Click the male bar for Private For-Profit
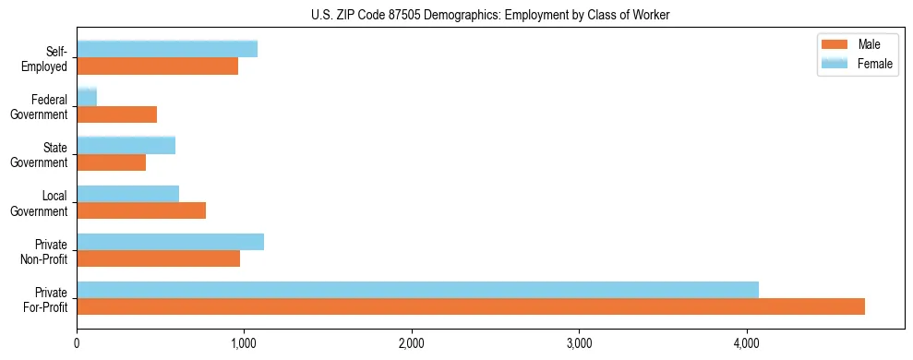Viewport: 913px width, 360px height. tap(471, 306)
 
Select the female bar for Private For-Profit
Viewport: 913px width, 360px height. tap(417, 290)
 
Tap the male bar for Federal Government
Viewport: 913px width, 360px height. tap(117, 114)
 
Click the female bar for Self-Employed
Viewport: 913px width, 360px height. tap(167, 49)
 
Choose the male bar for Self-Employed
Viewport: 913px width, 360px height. tap(158, 66)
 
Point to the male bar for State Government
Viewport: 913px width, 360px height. tap(112, 162)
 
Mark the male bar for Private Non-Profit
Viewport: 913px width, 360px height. tap(159, 258)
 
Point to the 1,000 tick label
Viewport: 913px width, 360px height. tap(244, 343)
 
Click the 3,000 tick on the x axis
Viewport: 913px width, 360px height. tap(579, 343)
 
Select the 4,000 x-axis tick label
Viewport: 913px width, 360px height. tap(746, 343)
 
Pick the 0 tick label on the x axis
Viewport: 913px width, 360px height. tap(77, 343)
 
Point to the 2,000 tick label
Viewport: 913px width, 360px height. tap(411, 343)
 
